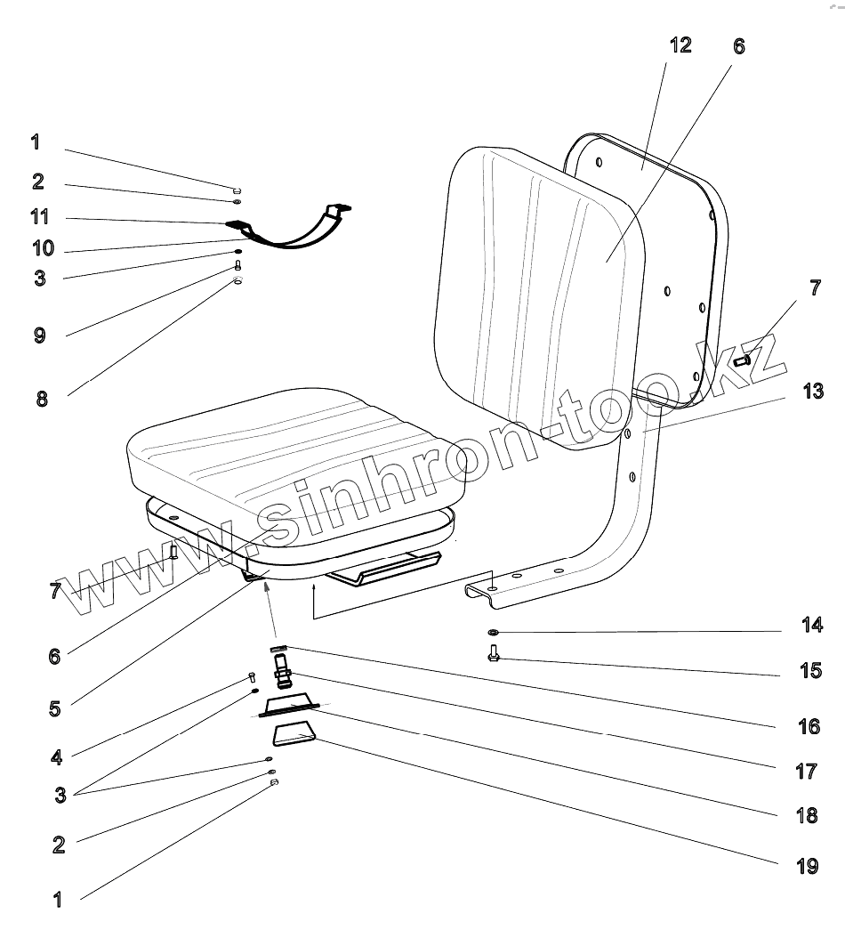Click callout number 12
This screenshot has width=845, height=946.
click(680, 44)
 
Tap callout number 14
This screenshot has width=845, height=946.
click(810, 625)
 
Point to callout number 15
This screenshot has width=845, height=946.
click(810, 669)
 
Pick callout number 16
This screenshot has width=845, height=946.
click(808, 726)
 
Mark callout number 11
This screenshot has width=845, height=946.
click(39, 217)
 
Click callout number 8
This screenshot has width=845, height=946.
click(42, 398)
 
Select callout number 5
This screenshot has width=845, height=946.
click(56, 709)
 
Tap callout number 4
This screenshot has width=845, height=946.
click(56, 757)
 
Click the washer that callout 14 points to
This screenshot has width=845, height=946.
click(493, 633)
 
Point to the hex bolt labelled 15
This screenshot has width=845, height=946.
click(494, 656)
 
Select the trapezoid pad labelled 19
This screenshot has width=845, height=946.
click(294, 736)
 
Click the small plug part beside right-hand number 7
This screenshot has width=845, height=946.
click(744, 361)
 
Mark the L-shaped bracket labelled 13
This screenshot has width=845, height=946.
click(636, 498)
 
